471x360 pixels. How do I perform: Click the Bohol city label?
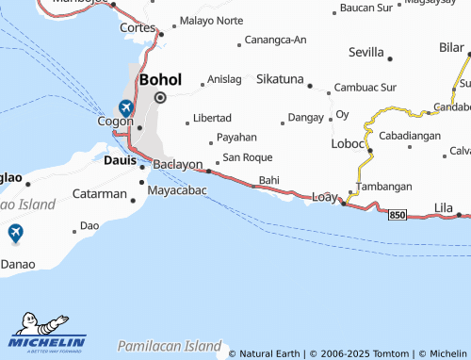click(160, 80)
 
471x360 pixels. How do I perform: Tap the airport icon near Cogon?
click(126, 108)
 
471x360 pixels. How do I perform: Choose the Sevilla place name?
click(366, 52)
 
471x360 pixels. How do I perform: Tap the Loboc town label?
click(348, 144)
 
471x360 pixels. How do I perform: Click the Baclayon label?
click(178, 164)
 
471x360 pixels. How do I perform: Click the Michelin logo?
click(47, 329)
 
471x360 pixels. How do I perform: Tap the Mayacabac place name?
click(177, 189)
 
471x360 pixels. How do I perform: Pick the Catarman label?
click(100, 194)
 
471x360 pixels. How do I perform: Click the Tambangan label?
click(386, 187)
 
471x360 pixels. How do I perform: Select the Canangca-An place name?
click(275, 40)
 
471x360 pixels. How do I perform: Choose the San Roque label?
click(247, 156)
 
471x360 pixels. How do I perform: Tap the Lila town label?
click(444, 205)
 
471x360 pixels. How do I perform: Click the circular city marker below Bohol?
click(160, 97)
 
